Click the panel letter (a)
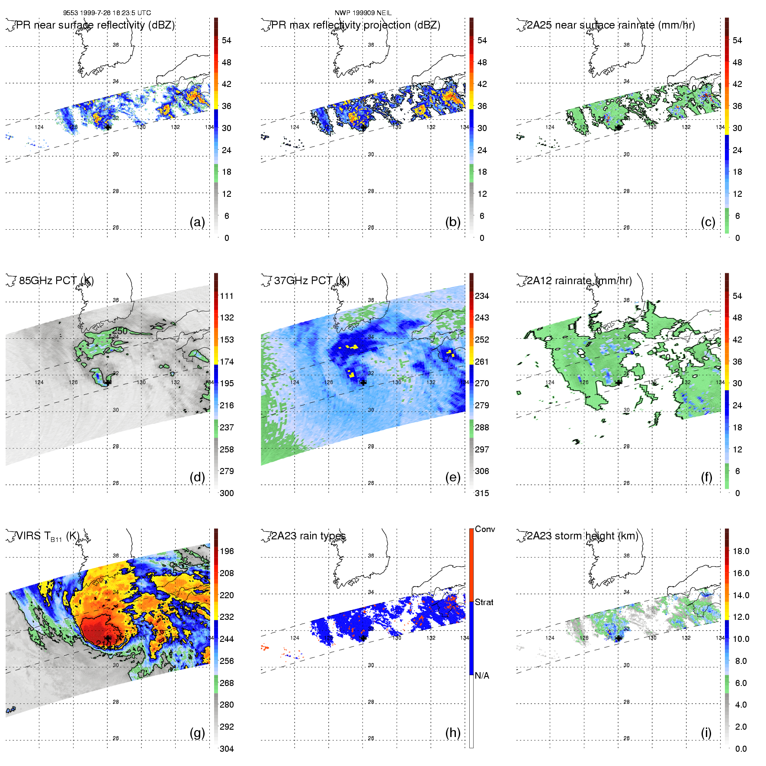pos(197,222)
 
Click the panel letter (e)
pos(452,478)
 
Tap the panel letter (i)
pos(706,733)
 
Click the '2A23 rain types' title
pos(308,536)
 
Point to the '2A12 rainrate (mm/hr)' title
pos(579,281)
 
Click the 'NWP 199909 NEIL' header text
pos(363,13)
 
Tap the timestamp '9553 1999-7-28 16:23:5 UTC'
pos(107,13)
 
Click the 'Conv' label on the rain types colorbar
pos(485,529)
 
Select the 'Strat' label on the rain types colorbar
pos(484,602)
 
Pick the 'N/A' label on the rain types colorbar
pos(482,676)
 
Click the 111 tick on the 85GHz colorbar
pos(227,296)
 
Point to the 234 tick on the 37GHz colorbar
pos(482,296)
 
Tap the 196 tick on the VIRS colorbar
pos(227,551)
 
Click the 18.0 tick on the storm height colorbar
pos(741,551)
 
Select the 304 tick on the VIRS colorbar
pos(227,749)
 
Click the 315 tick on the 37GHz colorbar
pos(482,493)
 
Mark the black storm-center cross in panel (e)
pos(363,382)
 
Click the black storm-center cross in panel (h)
pos(363,638)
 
